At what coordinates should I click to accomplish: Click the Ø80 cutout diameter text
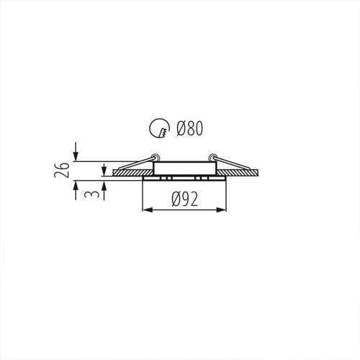point(189,130)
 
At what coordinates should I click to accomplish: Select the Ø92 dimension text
point(185,199)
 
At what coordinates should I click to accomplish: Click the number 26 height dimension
point(63,170)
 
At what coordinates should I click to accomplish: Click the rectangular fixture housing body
point(184,168)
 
